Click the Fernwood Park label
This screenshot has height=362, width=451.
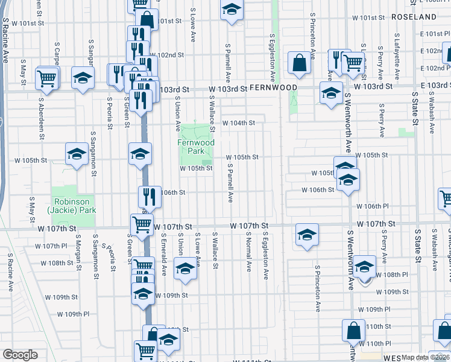click(x=196, y=147)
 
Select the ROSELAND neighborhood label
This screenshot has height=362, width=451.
click(x=413, y=17)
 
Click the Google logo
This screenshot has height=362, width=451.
click(x=20, y=354)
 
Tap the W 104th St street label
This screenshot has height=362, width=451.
click(x=239, y=122)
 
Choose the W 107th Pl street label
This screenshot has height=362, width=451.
click(x=51, y=246)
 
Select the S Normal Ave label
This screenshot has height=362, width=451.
click(x=248, y=254)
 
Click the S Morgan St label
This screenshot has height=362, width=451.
click(x=78, y=255)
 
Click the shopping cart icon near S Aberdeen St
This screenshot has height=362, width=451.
click(x=46, y=78)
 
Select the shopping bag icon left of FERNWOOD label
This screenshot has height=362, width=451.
click(x=299, y=62)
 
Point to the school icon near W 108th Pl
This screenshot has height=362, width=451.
click(x=364, y=267)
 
